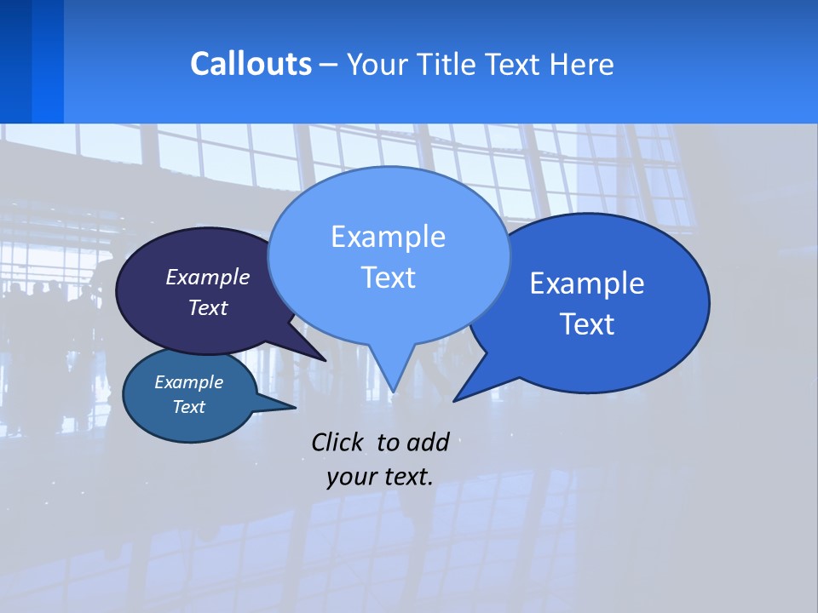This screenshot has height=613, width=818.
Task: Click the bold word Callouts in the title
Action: click(x=251, y=64)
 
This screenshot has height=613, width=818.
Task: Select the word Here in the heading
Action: click(x=582, y=64)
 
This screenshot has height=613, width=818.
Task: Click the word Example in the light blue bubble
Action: click(x=388, y=237)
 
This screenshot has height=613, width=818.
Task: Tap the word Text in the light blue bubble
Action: click(x=388, y=278)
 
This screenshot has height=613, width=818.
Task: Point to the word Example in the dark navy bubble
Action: click(x=208, y=277)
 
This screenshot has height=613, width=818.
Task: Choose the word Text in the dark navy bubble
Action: click(x=208, y=307)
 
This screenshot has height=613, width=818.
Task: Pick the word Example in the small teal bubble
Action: click(x=188, y=382)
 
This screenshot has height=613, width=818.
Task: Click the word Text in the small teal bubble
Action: click(x=188, y=407)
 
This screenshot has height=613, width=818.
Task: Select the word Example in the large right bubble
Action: click(x=587, y=284)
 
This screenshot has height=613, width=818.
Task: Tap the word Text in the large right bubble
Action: click(x=587, y=324)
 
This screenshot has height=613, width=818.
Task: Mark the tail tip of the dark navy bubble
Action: click(x=325, y=359)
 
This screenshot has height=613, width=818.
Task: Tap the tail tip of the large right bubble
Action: click(x=454, y=400)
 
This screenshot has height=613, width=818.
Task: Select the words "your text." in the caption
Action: click(x=379, y=477)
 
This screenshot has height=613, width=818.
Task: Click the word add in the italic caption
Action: click(x=427, y=442)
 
